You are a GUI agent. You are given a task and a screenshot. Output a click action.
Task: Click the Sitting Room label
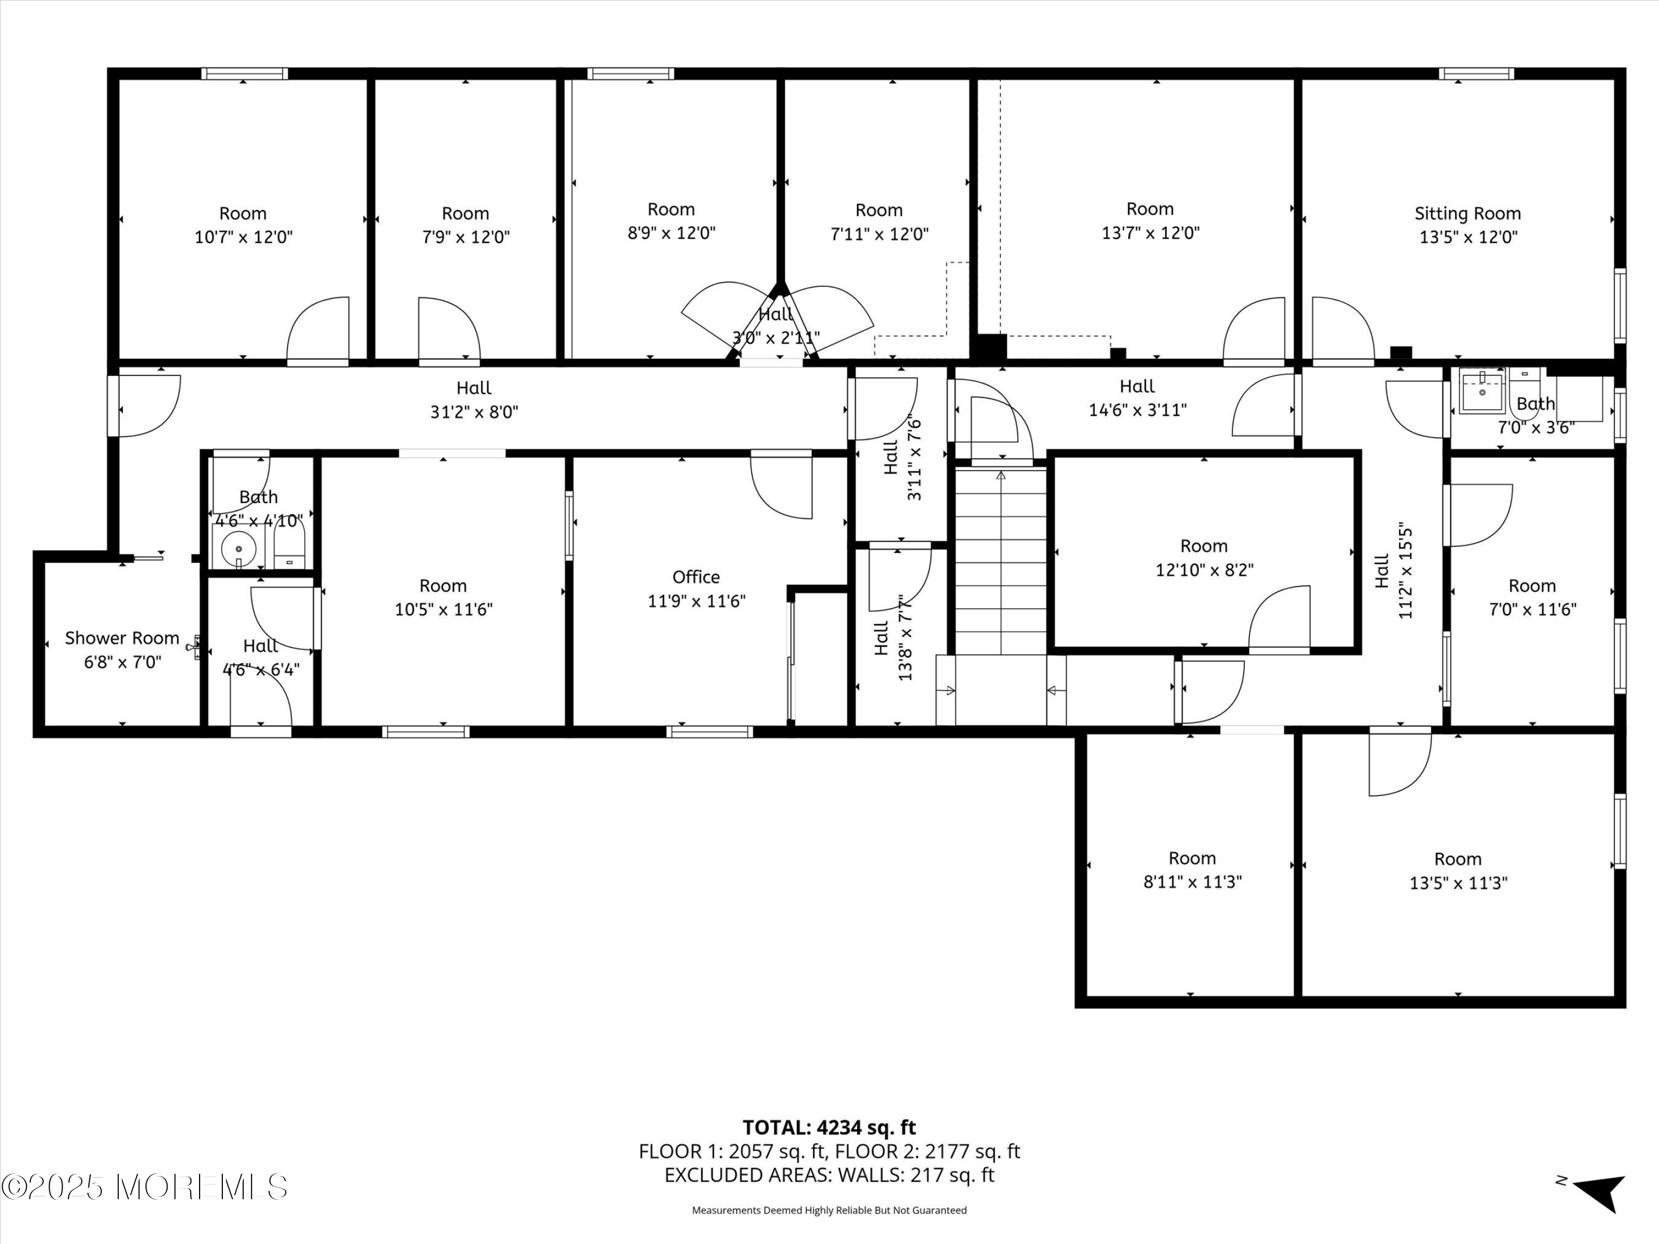[1467, 214]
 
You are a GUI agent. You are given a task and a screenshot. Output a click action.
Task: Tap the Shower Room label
[122, 638]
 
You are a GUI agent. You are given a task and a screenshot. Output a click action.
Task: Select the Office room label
[696, 577]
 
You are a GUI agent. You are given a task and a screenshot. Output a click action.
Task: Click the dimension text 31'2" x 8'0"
[474, 412]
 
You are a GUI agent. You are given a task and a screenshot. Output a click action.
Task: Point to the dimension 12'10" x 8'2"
[1204, 570]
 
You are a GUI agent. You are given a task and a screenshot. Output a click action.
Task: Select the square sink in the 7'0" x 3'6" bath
[1481, 391]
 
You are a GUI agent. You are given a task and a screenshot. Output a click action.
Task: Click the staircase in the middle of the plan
[1000, 558]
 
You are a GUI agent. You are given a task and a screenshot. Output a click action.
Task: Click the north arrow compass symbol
[1600, 1192]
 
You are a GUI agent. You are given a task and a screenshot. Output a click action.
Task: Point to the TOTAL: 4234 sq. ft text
[829, 1128]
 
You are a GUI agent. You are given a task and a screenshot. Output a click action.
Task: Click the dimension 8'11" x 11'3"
[1192, 882]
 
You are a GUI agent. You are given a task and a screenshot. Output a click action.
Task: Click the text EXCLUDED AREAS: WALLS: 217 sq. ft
[829, 1175]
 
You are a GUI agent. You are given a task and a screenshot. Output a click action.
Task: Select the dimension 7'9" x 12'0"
[465, 237]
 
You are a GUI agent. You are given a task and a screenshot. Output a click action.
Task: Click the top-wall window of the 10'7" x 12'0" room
[244, 74]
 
